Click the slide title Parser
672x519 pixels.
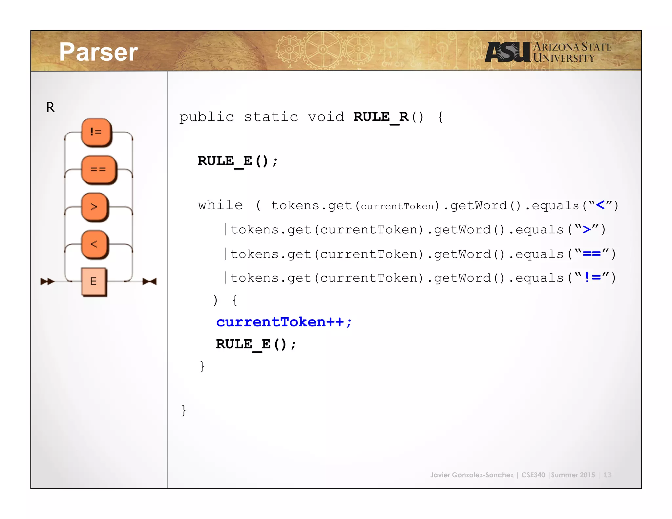98,52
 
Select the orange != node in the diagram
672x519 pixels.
96,132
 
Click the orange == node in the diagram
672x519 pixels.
98,169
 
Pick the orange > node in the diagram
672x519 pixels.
94,207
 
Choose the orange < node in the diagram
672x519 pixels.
94,244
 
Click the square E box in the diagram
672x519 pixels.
94,281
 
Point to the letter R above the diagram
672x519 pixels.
50,107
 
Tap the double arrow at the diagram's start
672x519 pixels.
47,281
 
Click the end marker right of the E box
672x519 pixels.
150,281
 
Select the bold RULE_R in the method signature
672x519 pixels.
381,117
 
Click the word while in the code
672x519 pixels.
220,205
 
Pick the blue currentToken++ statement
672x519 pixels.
284,322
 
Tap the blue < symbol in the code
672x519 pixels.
600,205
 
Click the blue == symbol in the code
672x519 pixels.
592,254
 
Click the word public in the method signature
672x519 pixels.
206,117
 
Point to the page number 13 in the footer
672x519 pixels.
607,475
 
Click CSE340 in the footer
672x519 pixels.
533,475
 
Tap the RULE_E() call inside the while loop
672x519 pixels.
256,344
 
